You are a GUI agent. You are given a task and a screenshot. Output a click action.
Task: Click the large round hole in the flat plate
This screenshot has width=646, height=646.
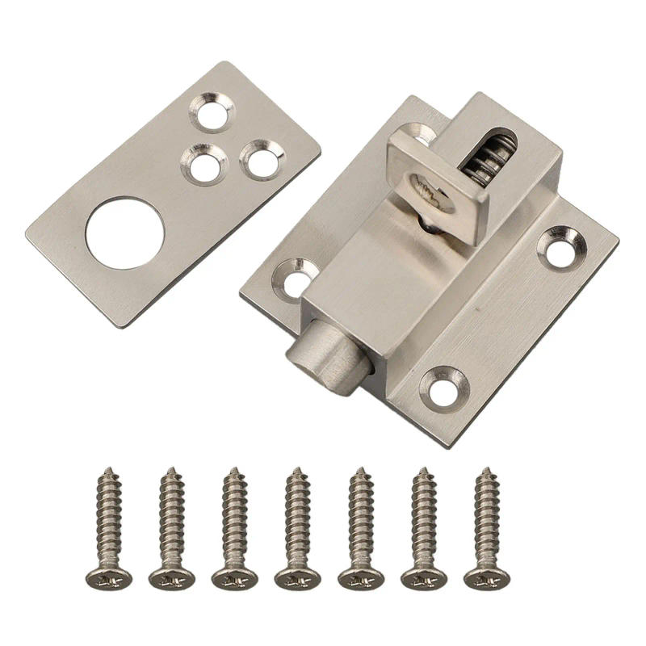pyautogui.click(x=125, y=233)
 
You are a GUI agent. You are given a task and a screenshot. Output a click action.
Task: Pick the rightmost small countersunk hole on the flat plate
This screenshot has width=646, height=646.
pyautogui.click(x=261, y=161)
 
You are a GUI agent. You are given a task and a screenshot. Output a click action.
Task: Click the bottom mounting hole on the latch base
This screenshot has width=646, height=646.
pyautogui.click(x=445, y=389)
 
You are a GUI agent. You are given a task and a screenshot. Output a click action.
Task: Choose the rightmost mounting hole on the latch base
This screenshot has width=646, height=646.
pyautogui.click(x=560, y=249)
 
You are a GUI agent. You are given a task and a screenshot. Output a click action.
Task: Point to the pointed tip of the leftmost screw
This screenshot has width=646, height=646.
pyautogui.click(x=107, y=470)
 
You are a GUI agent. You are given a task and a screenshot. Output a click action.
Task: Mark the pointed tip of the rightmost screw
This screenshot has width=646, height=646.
pyautogui.click(x=485, y=470)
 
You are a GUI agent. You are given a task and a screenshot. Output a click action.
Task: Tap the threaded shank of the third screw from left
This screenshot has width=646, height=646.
pyautogui.click(x=233, y=517)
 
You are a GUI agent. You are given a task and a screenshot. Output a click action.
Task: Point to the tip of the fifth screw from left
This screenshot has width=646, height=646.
pyautogui.click(x=359, y=470)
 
